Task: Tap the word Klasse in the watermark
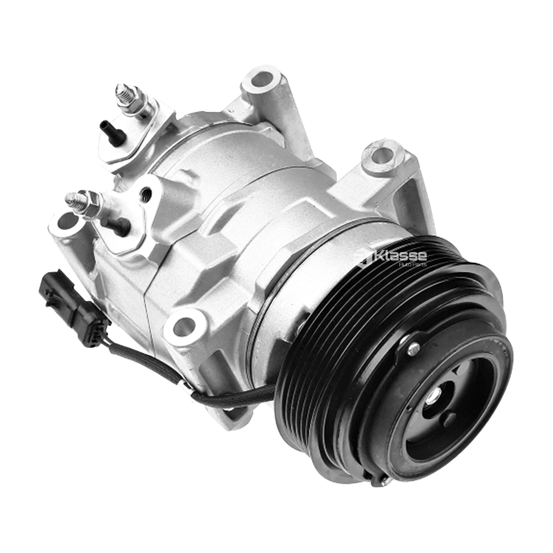(x=399, y=255)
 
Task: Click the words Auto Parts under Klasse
(x=413, y=265)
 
